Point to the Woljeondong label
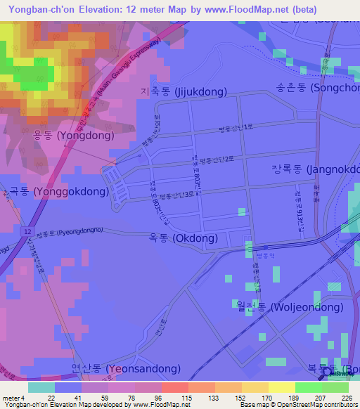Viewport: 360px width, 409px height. click(252, 306)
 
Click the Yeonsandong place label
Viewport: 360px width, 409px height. click(126, 368)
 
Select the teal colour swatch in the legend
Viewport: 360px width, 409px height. click(41, 387)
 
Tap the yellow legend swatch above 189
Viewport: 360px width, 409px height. click(282, 387)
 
